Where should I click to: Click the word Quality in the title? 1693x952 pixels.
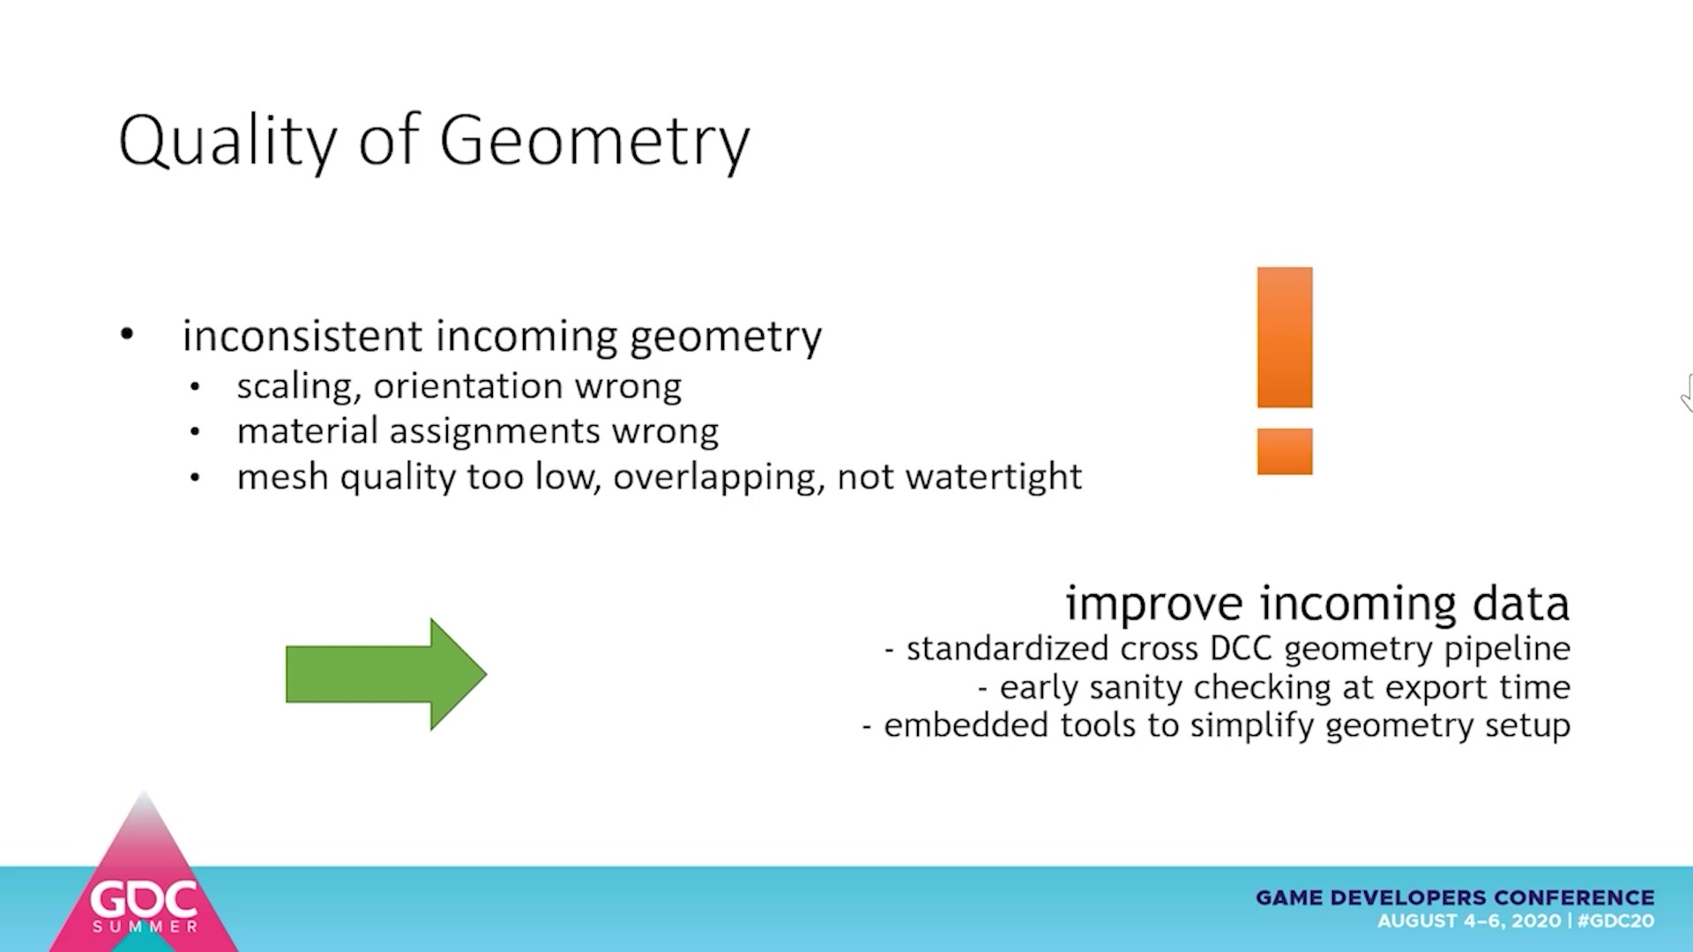pos(227,141)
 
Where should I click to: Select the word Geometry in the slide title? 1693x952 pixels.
pos(595,141)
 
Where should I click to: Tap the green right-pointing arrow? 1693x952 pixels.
pos(386,674)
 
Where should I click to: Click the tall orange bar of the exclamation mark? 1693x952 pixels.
pos(1285,338)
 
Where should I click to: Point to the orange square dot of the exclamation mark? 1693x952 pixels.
pos(1285,451)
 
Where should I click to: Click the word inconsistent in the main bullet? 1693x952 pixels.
pos(302,336)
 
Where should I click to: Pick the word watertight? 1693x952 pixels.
pos(994,477)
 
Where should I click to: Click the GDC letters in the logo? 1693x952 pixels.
pos(144,900)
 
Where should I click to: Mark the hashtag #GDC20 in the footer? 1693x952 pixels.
pos(1615,921)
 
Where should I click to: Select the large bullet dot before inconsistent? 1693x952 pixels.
pos(127,334)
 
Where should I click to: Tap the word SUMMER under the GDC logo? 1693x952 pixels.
pos(145,926)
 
